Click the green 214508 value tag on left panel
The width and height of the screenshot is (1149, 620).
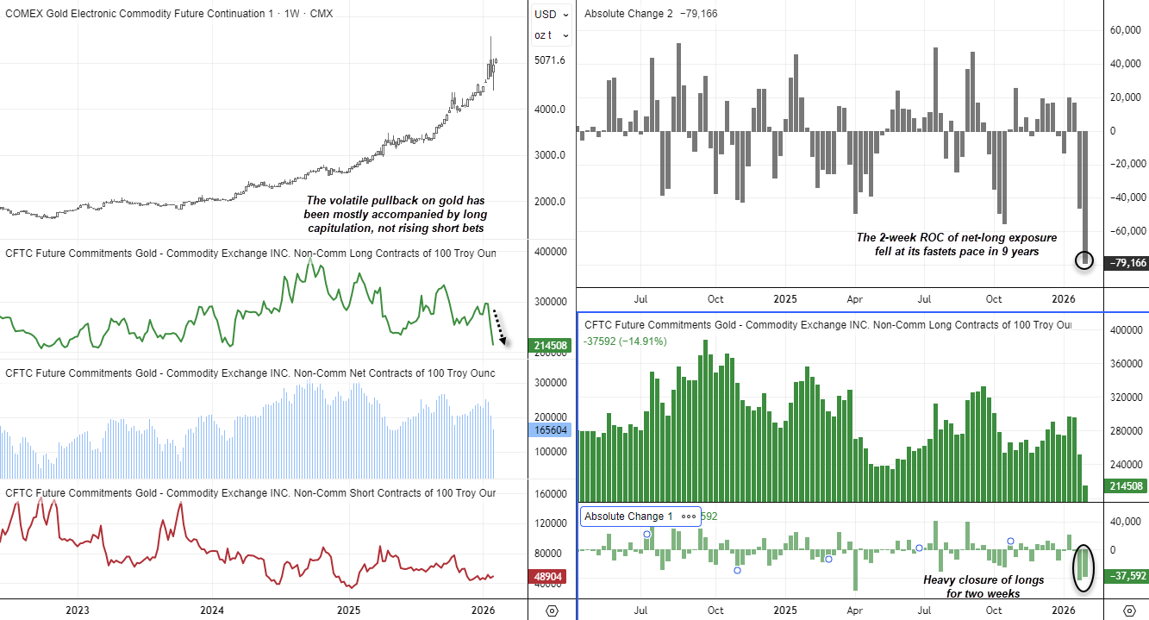click(550, 343)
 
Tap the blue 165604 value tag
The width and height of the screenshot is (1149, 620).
click(550, 429)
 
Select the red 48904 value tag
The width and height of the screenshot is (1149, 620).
click(550, 577)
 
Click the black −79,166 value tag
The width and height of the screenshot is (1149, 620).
click(1126, 262)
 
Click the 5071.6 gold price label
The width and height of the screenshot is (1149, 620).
click(550, 60)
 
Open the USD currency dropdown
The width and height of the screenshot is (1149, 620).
click(552, 14)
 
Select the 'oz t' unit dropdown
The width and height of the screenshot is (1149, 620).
click(552, 35)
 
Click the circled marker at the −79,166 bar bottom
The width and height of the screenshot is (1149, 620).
click(1085, 260)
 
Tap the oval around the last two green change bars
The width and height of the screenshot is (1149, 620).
click(1083, 567)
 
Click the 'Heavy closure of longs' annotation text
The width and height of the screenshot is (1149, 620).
click(984, 586)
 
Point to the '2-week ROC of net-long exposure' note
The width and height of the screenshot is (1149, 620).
click(956, 244)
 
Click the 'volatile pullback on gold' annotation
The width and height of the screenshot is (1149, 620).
click(396, 214)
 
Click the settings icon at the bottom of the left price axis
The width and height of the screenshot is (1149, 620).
click(553, 611)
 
